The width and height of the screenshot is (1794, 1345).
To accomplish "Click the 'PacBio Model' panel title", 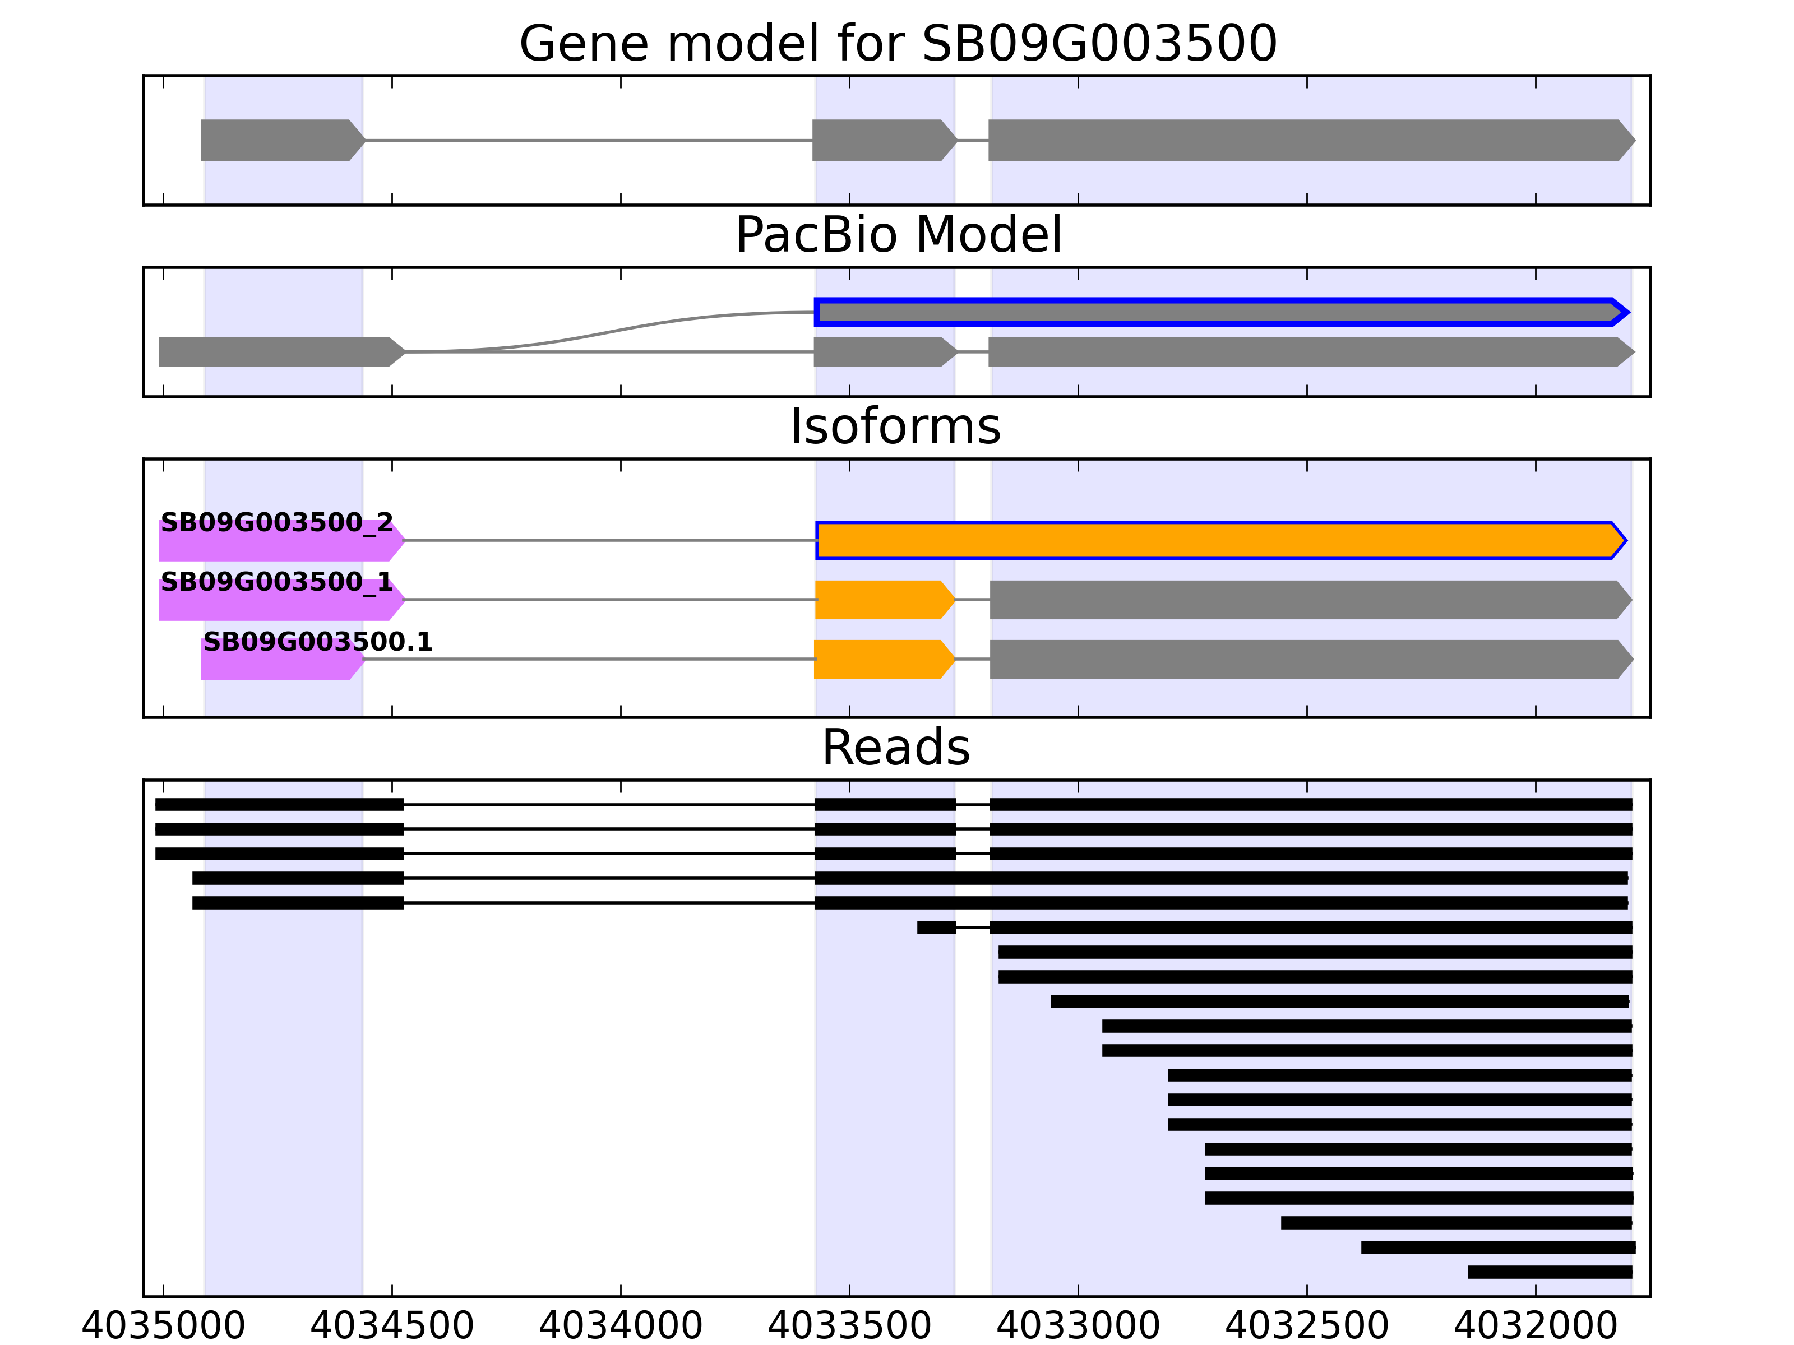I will point(898,235).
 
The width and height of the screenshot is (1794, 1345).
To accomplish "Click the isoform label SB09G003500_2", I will point(276,523).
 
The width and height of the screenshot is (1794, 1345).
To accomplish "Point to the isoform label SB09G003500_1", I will point(276,582).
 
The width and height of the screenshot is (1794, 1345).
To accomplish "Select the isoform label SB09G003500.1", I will point(318,642).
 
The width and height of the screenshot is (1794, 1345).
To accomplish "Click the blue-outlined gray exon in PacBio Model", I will point(1217,313).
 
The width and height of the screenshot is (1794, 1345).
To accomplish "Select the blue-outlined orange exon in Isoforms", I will point(1217,541).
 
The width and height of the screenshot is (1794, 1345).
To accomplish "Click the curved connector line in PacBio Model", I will point(616,330).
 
